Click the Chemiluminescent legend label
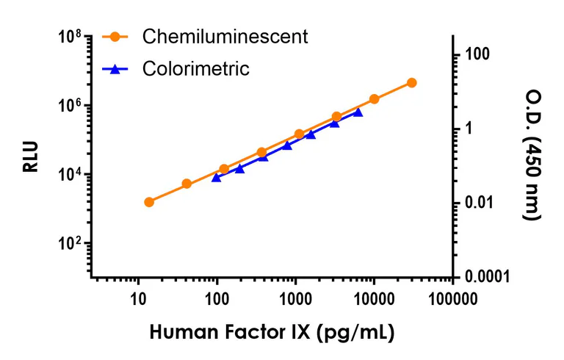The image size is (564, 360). (225, 37)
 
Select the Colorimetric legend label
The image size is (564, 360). (196, 69)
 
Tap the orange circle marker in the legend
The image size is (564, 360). (115, 37)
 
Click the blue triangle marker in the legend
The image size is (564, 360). (115, 69)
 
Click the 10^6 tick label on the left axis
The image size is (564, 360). (73, 106)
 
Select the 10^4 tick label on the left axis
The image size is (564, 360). (73, 175)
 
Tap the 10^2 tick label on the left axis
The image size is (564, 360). (73, 244)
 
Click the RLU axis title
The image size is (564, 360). (30, 156)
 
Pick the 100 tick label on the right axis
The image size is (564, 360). (477, 55)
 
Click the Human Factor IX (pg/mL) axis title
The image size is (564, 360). (272, 332)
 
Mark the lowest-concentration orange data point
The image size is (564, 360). (149, 202)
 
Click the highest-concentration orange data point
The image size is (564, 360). (411, 83)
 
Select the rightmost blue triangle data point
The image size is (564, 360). (358, 112)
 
